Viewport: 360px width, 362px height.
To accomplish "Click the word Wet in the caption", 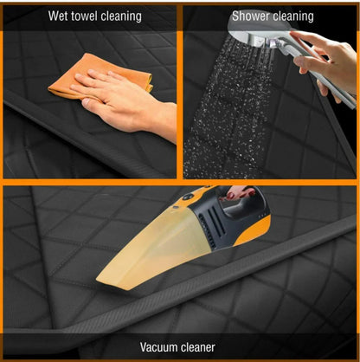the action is point(58,16).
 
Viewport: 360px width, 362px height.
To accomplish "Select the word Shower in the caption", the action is point(248,16).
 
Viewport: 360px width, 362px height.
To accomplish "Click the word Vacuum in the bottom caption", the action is point(158,346).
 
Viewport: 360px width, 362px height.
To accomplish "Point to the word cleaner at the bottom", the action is point(197,346).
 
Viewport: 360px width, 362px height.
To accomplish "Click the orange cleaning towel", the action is point(100,76).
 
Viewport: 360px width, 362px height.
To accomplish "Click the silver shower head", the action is point(257,33).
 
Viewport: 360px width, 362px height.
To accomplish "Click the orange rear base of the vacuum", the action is point(254,231).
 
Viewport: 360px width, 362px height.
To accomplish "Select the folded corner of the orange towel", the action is point(149,84).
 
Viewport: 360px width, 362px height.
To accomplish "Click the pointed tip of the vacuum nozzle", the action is point(98,280).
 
